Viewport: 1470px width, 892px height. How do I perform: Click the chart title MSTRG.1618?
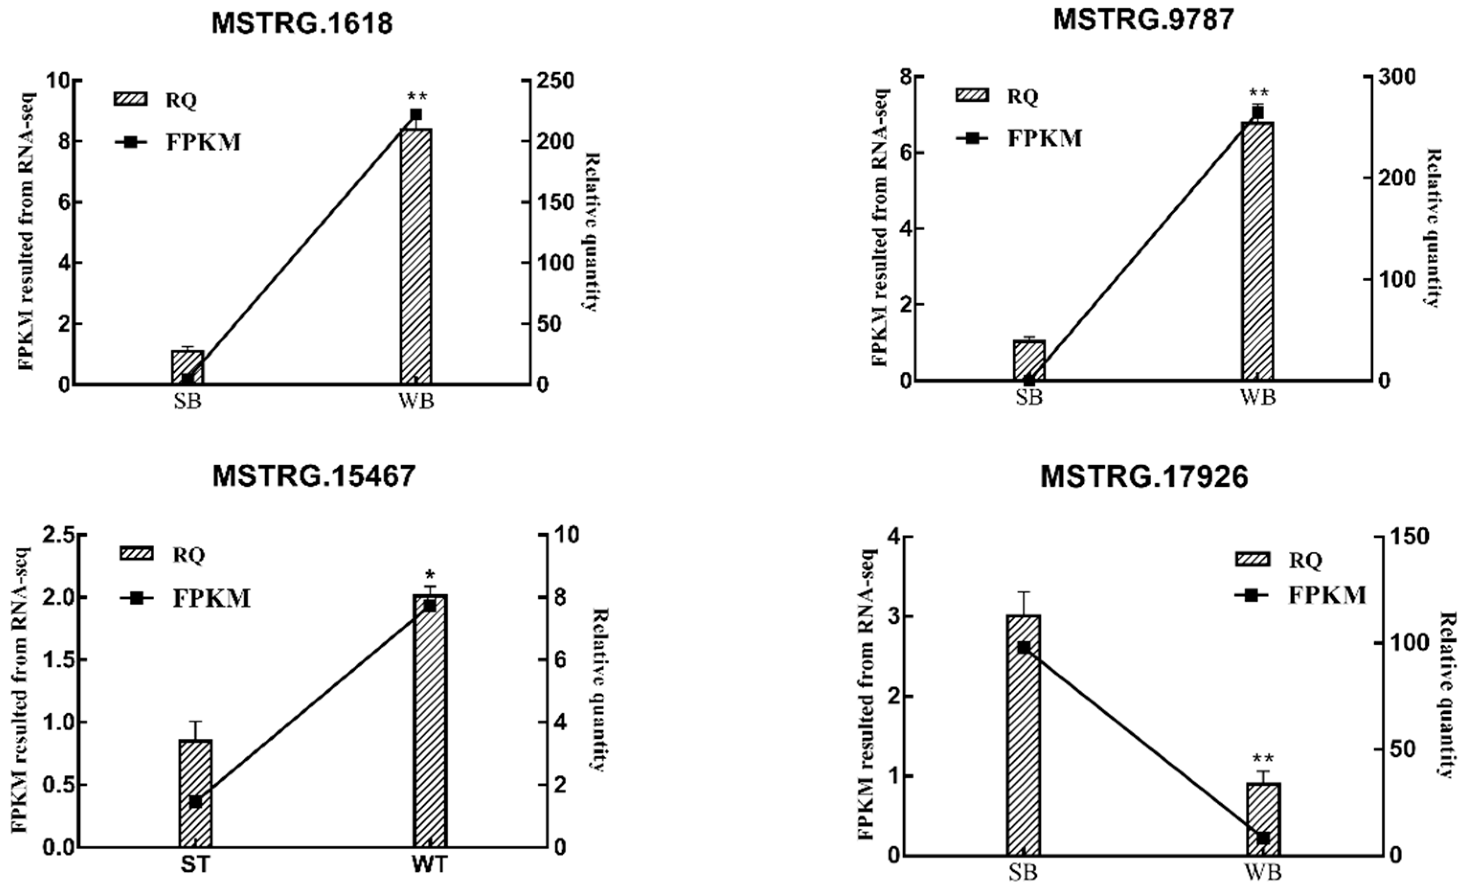point(303,24)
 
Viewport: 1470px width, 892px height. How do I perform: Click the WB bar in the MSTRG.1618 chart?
point(416,257)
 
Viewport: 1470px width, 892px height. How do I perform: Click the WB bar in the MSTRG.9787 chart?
point(1257,250)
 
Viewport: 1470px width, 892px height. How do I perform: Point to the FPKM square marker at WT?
point(430,606)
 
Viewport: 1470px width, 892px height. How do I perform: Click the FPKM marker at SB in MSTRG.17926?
point(1023,647)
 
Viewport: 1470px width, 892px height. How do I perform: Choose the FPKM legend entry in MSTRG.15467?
point(185,598)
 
